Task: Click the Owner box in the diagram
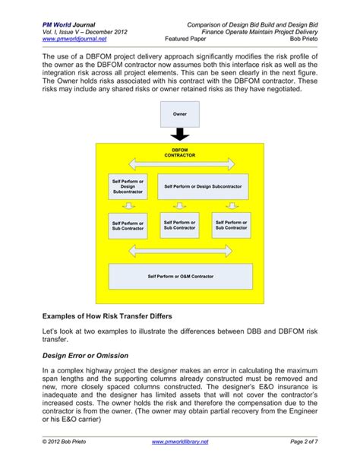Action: [180, 116]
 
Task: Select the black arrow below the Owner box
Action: [180, 135]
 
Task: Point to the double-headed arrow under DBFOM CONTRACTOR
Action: [180, 164]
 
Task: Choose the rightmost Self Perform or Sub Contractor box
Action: [231, 225]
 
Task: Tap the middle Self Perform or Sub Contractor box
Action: [180, 225]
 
